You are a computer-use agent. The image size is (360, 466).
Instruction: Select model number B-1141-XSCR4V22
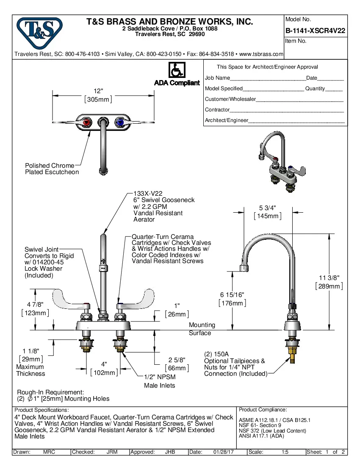pos(315,31)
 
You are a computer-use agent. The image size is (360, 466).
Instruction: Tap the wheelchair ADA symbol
pos(177,70)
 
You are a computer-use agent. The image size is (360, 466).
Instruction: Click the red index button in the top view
pos(87,123)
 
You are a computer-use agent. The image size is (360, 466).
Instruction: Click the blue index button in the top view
pos(120,123)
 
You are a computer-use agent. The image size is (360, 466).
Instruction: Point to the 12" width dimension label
pos(99,92)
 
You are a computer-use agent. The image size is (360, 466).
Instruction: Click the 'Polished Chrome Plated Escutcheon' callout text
pos(52,169)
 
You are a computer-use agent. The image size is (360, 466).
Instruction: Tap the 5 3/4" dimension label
pos(267,208)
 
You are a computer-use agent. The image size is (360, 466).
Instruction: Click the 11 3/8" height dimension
pos(329,277)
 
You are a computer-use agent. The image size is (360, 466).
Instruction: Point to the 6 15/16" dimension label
pos(232,294)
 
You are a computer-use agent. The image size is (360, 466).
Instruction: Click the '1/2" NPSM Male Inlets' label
pos(160,381)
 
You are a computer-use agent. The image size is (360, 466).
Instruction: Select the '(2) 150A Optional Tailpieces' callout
pos(235,364)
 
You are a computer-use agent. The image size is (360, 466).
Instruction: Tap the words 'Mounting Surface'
pos(202,329)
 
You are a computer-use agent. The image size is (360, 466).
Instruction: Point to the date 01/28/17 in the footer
pos(224,452)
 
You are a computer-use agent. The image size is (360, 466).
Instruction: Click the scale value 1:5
pos(285,452)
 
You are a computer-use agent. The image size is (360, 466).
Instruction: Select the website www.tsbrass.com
pos(261,54)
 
